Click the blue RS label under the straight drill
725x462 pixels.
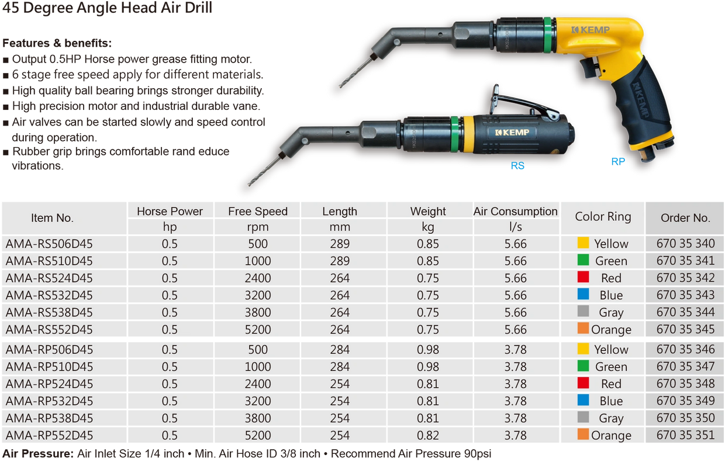pos(517,165)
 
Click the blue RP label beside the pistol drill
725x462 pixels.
pos(618,161)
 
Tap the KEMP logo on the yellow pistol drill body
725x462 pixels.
pos(591,30)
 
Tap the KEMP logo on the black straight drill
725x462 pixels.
pos(512,132)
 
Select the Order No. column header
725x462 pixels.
pos(685,218)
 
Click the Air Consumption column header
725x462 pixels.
pos(516,211)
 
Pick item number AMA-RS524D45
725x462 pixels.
pos(49,278)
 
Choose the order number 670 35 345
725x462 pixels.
pos(685,329)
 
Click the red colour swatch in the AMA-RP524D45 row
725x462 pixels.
pos(583,383)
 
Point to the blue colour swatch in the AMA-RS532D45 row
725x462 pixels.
pos(583,294)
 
